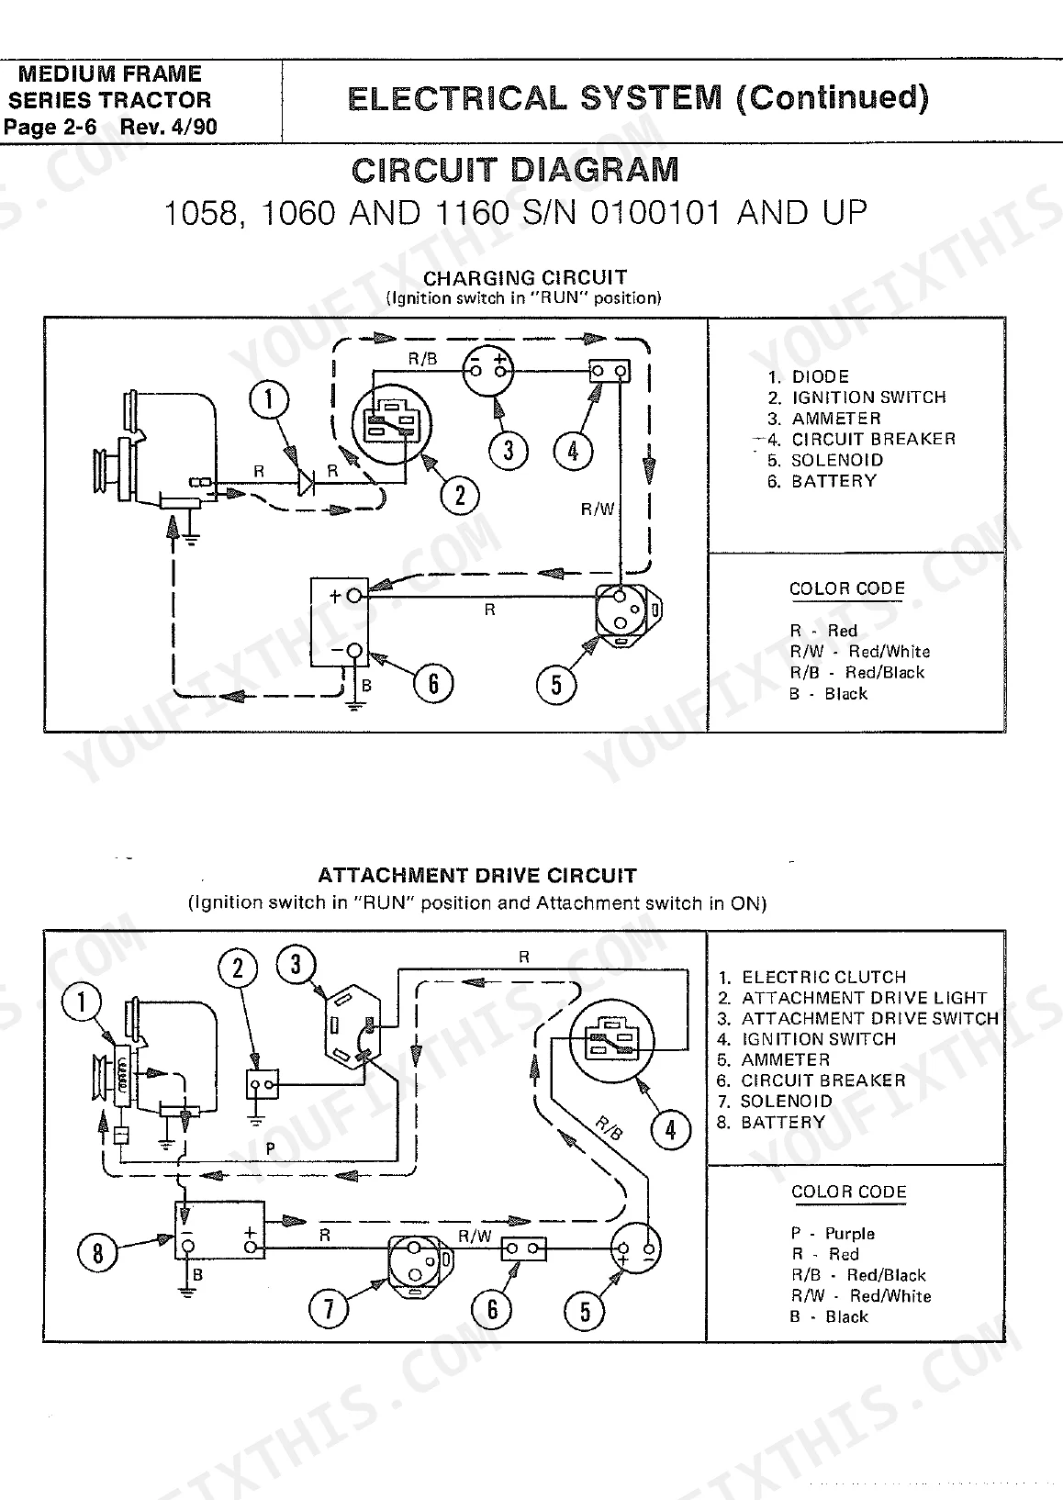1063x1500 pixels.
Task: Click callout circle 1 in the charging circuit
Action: point(269,399)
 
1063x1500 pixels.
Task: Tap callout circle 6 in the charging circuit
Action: point(433,683)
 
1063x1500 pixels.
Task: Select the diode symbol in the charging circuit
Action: point(306,481)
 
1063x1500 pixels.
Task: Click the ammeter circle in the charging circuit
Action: point(488,371)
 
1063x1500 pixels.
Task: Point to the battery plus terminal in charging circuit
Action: point(354,595)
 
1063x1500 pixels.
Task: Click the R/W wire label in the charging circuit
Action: point(598,509)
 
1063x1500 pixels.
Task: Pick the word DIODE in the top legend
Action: point(821,376)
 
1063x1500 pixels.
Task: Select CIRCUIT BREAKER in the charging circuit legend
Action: point(874,440)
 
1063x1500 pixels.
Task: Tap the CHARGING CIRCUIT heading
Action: point(525,277)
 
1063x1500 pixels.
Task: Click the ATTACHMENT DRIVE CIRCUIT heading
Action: point(477,875)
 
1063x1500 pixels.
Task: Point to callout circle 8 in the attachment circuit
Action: point(98,1252)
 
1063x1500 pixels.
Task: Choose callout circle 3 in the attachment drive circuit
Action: point(296,964)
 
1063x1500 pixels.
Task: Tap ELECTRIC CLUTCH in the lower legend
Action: point(824,977)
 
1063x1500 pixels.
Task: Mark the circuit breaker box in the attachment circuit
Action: point(524,1248)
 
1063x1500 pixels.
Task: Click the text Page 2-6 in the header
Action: point(50,127)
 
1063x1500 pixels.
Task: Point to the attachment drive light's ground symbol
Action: point(255,1119)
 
